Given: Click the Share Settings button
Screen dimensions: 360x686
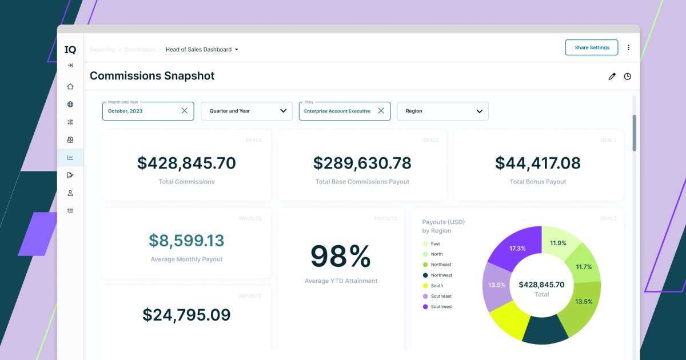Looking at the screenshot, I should point(592,47).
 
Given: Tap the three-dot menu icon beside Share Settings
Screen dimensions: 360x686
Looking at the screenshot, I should point(628,47).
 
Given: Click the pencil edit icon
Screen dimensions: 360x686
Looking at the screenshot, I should point(612,77).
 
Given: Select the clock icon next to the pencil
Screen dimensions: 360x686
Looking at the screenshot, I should point(627,77).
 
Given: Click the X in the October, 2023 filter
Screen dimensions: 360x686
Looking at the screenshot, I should point(184,111).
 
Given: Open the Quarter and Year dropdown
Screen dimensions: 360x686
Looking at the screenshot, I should point(246,111).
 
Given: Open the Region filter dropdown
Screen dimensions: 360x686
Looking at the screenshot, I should point(442,111).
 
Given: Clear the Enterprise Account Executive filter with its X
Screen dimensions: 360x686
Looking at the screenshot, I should point(381,111).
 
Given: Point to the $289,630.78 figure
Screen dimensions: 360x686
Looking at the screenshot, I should point(362,163).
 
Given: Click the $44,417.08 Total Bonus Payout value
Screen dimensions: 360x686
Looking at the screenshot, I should point(537,163).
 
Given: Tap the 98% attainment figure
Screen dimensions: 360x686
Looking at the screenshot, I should point(341,257).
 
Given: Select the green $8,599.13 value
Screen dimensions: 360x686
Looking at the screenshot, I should point(186,241).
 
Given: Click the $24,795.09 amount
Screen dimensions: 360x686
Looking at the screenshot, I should point(186,315).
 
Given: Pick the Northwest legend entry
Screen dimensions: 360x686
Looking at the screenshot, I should point(441,275).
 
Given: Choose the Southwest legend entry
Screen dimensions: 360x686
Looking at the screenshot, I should point(441,307).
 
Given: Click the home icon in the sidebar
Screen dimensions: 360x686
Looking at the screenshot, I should point(70,87).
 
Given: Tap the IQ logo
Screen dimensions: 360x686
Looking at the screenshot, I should point(70,50).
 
